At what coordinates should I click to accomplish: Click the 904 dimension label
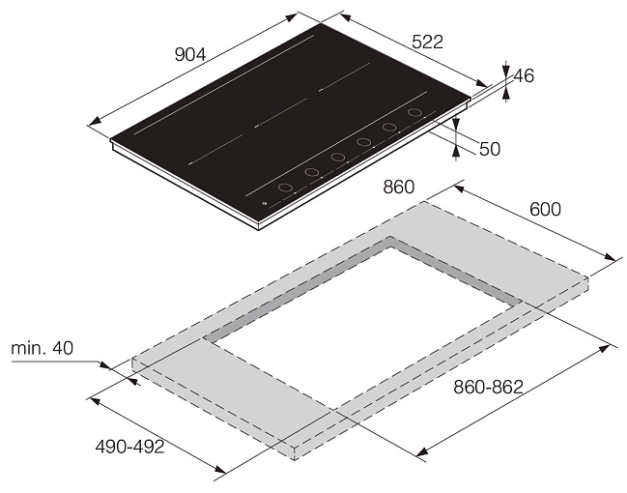coord(190,55)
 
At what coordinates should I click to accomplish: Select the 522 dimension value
coord(427,42)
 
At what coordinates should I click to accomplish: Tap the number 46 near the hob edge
coord(524,75)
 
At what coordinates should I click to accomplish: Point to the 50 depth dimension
coord(490,149)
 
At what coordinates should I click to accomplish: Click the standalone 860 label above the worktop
coord(399,187)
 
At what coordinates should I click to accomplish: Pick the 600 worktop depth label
coord(546,210)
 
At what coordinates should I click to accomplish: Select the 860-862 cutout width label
coord(488,387)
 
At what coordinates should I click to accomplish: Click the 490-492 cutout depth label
coord(130,447)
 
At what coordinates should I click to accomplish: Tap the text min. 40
coord(42,348)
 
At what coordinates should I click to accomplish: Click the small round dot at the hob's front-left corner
coord(264,204)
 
